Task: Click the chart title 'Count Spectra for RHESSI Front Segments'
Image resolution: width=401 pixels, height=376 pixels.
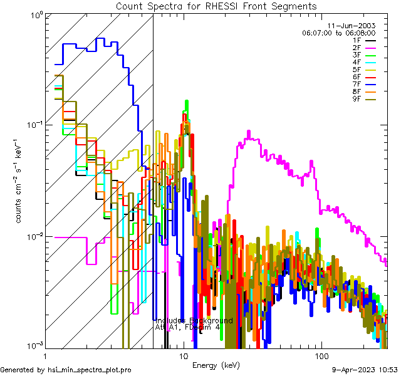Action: pos(216,6)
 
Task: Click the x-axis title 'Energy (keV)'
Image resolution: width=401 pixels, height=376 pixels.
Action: pos(216,365)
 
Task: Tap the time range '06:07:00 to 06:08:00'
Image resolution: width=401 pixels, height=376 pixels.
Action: pos(338,33)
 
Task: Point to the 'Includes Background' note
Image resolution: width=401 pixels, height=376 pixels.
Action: pos(194,320)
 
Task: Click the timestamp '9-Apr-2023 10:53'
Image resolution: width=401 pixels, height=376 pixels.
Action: pos(363,370)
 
